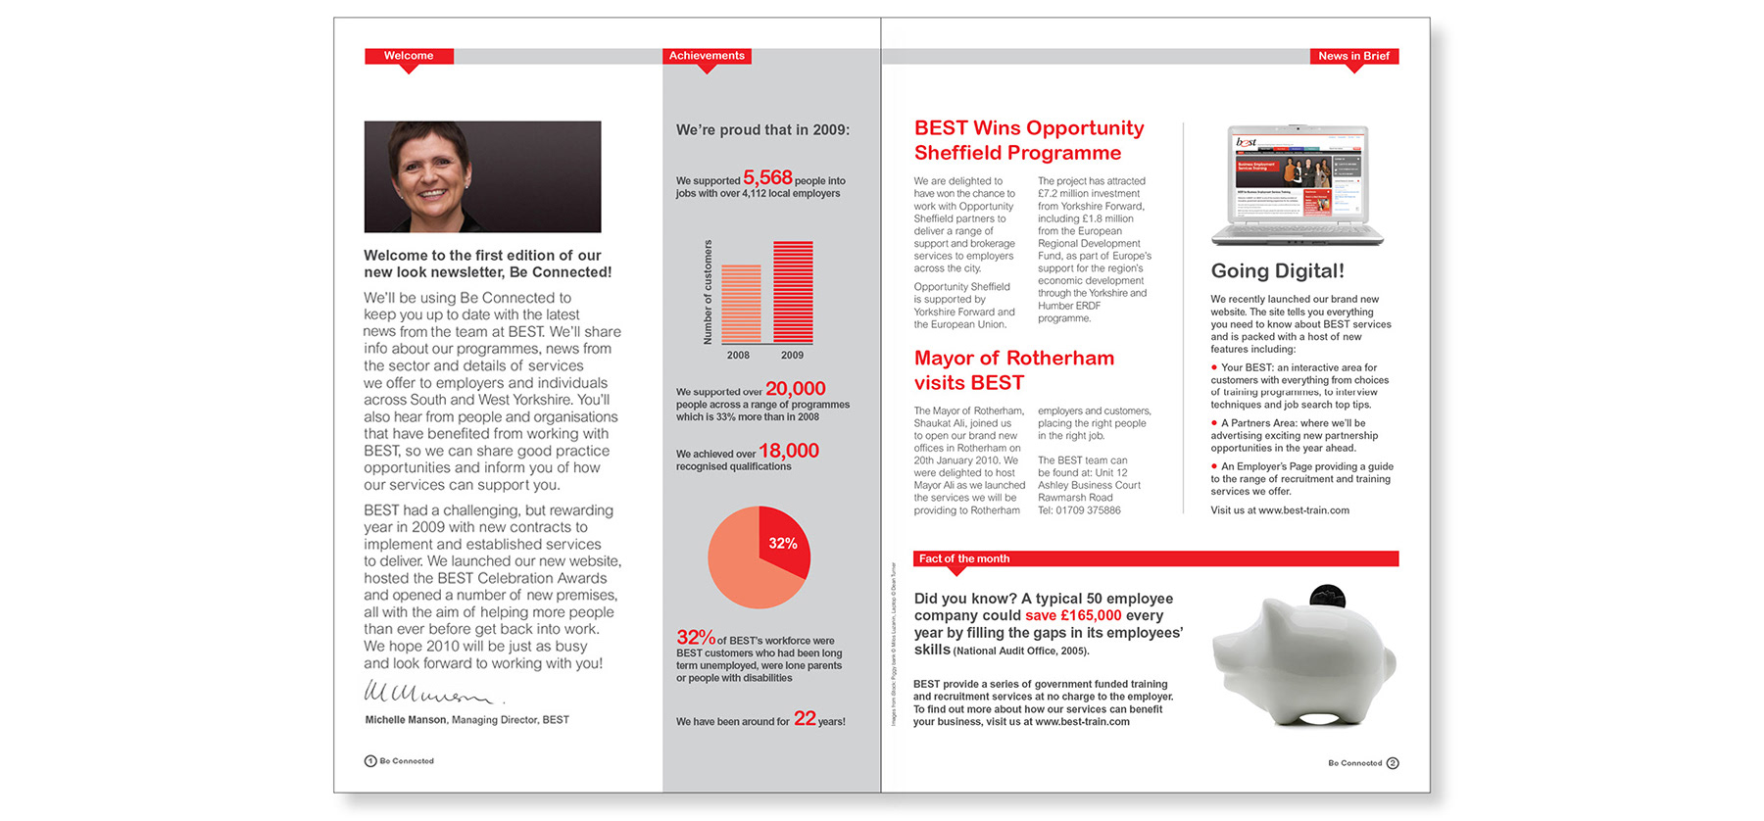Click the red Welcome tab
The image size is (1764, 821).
[x=409, y=56]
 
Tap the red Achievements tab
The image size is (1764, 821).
[x=707, y=56]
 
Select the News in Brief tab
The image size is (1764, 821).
[x=1353, y=56]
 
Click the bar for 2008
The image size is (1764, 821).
[x=741, y=304]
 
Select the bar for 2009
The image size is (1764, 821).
[x=793, y=292]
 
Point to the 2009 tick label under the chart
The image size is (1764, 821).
[x=792, y=356]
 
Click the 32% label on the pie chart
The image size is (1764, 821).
[x=782, y=544]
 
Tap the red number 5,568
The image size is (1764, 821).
[x=767, y=177]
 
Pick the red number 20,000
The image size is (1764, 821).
[x=795, y=389]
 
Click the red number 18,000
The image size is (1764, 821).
[x=788, y=451]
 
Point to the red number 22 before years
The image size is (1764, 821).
[x=805, y=718]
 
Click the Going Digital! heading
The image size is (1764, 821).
[x=1277, y=271]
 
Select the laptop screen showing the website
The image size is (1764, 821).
[x=1298, y=176]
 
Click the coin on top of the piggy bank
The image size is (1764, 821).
[x=1328, y=595]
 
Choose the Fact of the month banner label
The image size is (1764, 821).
[x=964, y=558]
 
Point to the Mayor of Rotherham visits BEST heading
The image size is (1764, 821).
[x=1013, y=370]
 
